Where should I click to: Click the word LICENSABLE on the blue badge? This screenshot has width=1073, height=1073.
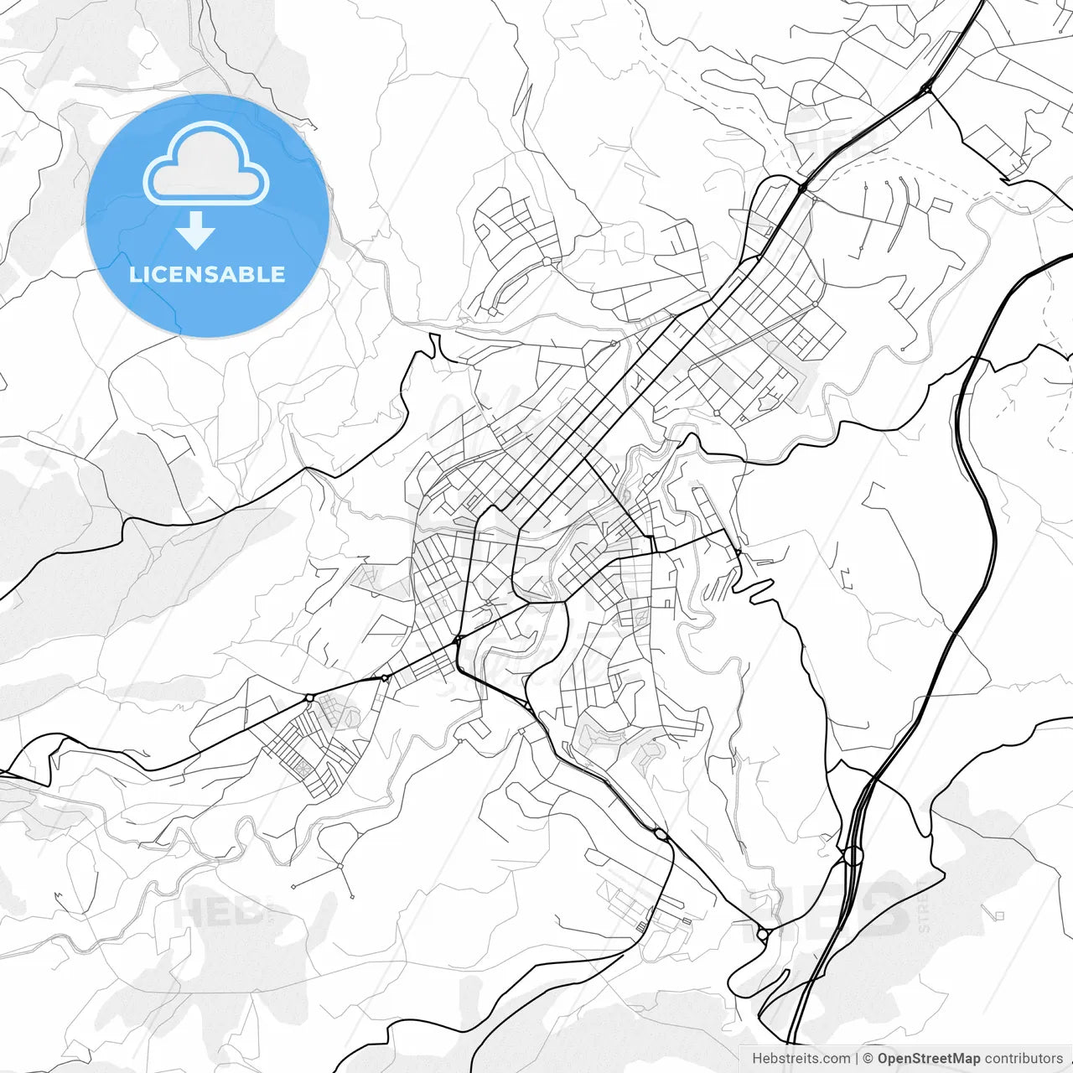207,275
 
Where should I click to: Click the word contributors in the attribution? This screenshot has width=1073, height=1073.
1024,1059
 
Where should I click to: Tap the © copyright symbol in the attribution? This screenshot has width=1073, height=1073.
868,1059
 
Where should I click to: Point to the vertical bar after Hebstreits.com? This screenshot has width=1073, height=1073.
857,1059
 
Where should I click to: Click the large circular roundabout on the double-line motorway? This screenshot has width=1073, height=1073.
853,857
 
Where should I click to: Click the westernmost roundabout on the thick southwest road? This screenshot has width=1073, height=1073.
309,697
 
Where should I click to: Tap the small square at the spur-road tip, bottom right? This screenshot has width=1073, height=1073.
999,914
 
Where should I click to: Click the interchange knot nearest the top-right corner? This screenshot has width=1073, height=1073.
926,88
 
